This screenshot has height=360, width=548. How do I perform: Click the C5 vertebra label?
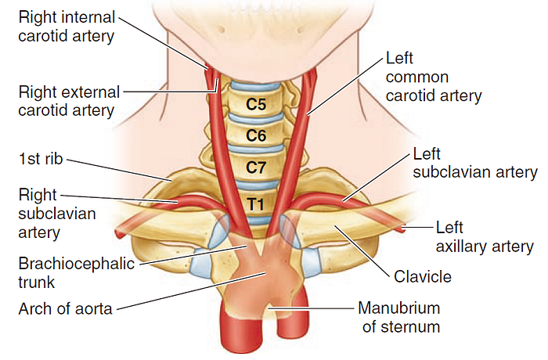(256, 104)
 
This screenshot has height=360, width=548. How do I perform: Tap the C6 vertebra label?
(256, 135)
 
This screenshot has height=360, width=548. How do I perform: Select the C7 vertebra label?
(256, 167)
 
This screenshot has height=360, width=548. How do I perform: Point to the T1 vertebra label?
(256, 203)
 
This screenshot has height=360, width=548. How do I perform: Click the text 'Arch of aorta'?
(65, 309)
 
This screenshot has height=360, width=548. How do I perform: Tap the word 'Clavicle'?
(423, 277)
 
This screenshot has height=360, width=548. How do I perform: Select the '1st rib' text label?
(41, 159)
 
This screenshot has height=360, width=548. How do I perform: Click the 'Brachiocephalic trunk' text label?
(76, 273)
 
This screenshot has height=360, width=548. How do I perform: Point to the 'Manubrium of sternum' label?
(399, 318)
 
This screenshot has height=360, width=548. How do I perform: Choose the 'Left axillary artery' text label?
(485, 237)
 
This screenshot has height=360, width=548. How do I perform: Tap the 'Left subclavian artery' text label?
(475, 163)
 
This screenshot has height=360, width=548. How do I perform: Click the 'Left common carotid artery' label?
(434, 77)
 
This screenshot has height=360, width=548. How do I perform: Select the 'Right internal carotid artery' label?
(67, 27)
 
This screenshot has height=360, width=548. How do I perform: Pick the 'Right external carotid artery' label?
(69, 102)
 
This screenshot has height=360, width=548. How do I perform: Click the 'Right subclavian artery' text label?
(56, 214)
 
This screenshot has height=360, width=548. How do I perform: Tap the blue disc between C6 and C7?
(256, 149)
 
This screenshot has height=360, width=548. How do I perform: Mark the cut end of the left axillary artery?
(402, 229)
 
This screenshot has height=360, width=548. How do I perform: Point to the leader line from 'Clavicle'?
(362, 250)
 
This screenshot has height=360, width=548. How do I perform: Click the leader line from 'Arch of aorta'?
(191, 291)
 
